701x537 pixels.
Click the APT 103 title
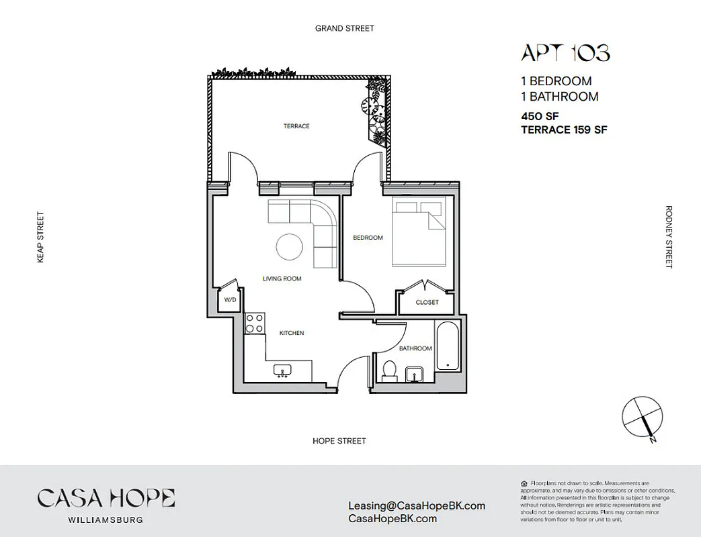coord(565,53)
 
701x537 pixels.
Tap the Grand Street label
coord(345,28)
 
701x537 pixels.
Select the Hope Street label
coord(339,441)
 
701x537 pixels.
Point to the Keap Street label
coord(40,237)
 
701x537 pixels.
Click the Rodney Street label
coord(668,237)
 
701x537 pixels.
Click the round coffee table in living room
coord(290,246)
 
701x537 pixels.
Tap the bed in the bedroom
coord(418,232)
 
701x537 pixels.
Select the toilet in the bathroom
coord(388,371)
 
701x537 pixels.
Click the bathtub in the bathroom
coord(447,346)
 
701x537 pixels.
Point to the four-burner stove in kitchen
coord(254,323)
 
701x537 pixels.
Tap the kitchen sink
coord(282,370)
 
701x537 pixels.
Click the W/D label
coord(230,300)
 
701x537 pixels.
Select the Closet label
coord(427,302)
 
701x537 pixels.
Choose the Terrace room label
coord(296,126)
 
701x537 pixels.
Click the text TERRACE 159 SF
coord(564,130)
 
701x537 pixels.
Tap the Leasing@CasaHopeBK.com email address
coord(417,506)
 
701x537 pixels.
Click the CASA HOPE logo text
coord(106,498)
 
